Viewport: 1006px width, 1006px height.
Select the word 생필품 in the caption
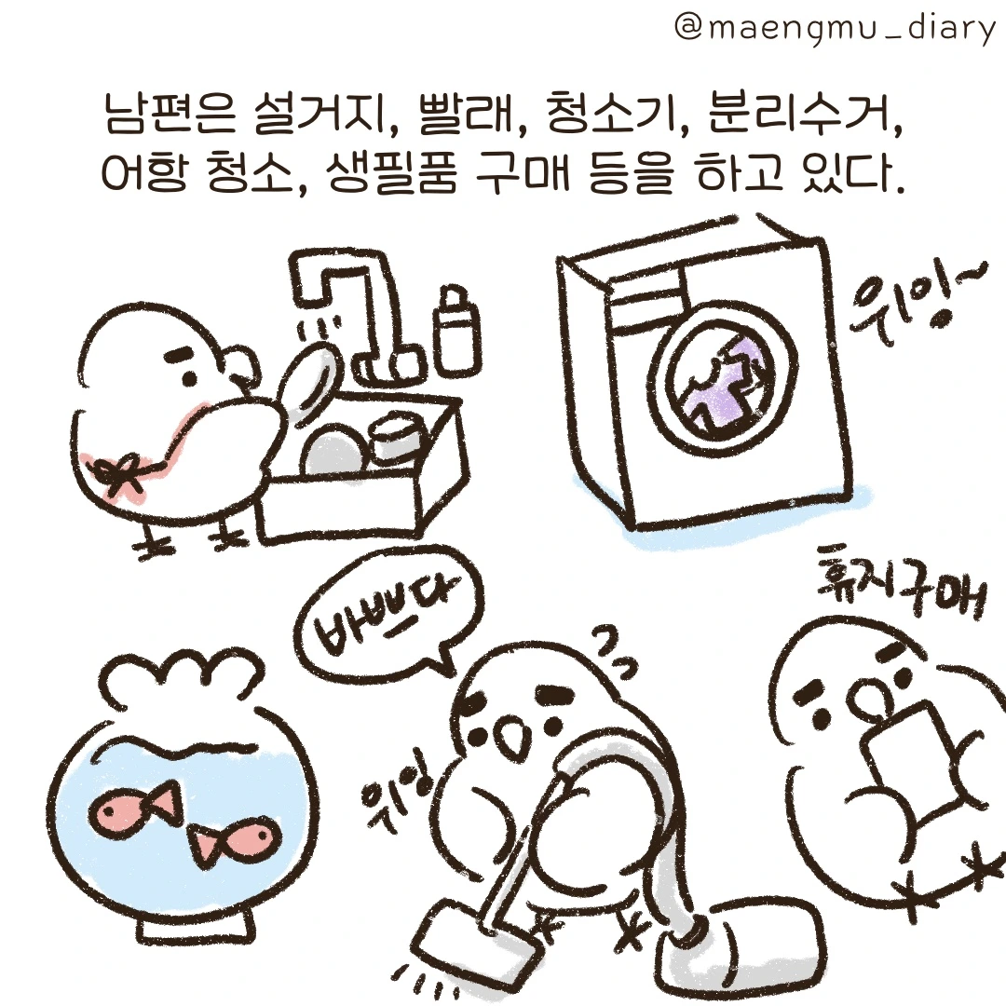(385, 173)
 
